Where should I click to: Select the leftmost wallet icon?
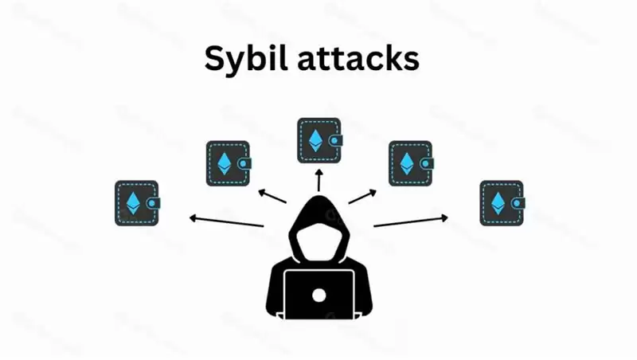point(137,202)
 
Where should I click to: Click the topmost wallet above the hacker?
point(319,140)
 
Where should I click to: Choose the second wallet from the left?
point(229,163)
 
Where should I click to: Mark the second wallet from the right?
point(410,163)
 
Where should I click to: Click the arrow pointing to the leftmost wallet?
point(226,221)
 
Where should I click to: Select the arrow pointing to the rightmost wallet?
point(411,221)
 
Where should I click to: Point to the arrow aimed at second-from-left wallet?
point(272,196)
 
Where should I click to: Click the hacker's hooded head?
point(318,231)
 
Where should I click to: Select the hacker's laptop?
point(319,295)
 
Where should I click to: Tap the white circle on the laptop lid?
point(319,296)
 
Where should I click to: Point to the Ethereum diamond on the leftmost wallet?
point(133,203)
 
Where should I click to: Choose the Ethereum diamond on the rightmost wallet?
point(498,203)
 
